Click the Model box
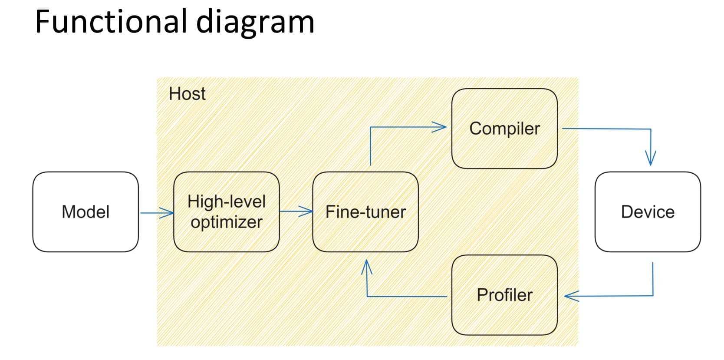86,212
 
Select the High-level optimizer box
226,212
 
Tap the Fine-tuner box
365,212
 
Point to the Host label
187,94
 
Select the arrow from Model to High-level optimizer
156,213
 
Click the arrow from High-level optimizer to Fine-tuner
296,211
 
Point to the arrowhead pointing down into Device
650,159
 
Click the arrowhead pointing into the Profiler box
571,296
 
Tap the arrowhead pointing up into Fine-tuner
367,267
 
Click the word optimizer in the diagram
226,222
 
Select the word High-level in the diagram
226,201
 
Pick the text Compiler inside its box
504,129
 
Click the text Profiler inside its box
504,295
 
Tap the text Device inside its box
648,212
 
